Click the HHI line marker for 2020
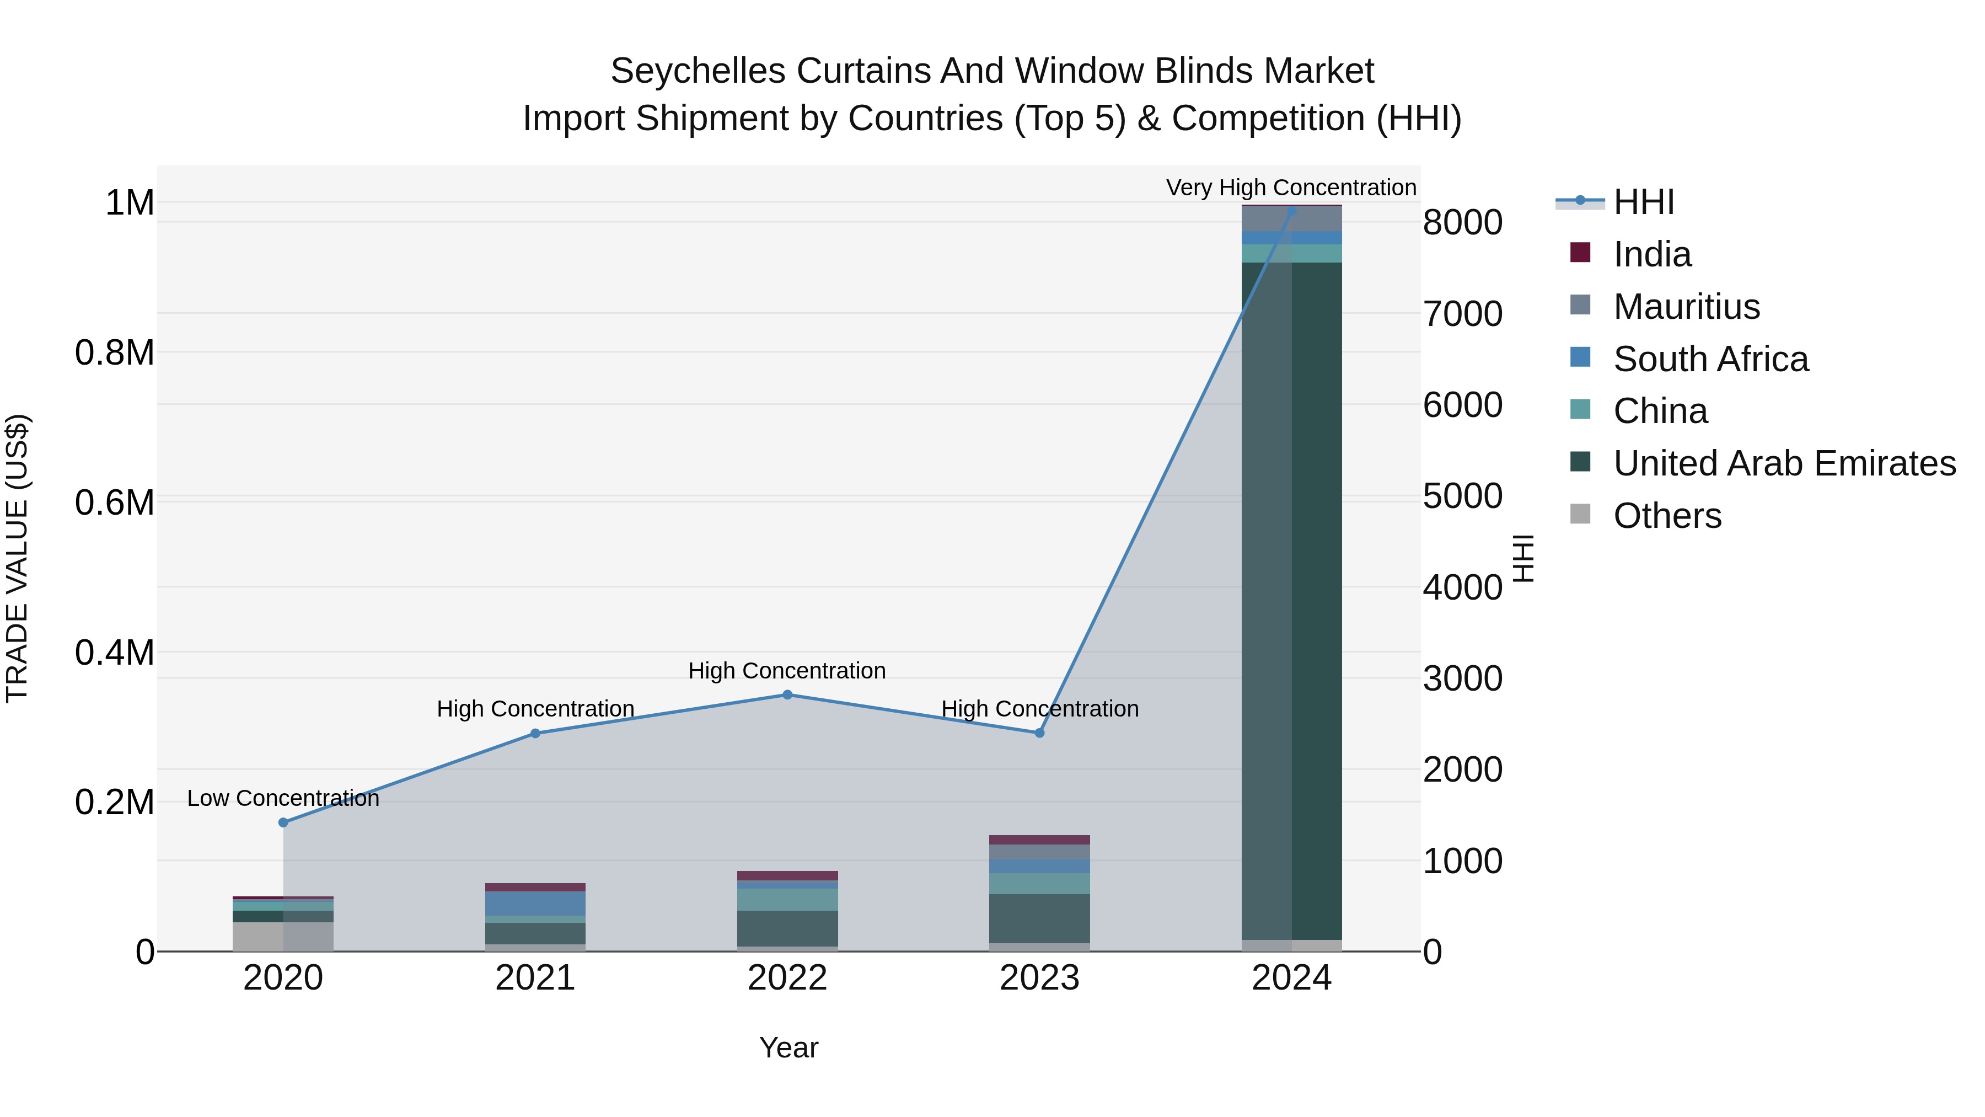[x=283, y=822]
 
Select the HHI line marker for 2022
[x=787, y=694]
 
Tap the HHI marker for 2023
[x=1039, y=733]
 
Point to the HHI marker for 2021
[x=535, y=733]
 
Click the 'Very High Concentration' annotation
[x=1291, y=188]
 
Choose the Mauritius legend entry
[x=1686, y=307]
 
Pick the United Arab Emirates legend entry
[x=1784, y=463]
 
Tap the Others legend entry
[x=1667, y=516]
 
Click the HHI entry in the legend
[x=1643, y=202]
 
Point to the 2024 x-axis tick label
[x=1291, y=978]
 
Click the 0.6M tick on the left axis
[x=115, y=503]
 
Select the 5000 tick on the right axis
[x=1462, y=496]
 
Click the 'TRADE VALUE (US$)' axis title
[x=17, y=558]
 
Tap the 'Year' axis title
[x=788, y=1047]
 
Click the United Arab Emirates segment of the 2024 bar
[x=1291, y=601]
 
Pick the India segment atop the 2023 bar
[x=1039, y=840]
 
